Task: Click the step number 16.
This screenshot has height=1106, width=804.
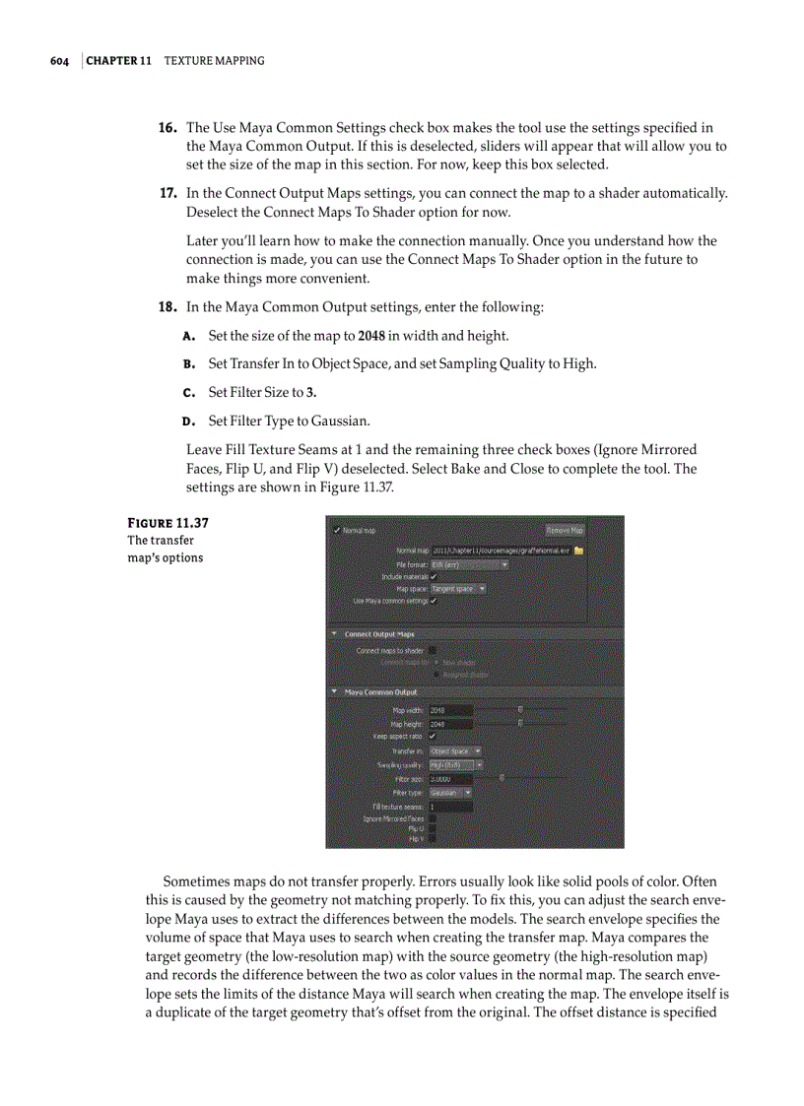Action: (167, 128)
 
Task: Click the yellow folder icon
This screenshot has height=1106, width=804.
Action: (579, 551)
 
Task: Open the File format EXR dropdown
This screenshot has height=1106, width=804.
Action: (469, 564)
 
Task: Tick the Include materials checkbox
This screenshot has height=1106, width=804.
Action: (434, 576)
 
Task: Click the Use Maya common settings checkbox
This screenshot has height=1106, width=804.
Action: (434, 601)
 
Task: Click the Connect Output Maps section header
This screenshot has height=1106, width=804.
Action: (379, 634)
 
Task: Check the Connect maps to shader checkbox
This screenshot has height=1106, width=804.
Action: (433, 651)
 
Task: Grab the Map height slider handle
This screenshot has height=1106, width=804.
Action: (520, 723)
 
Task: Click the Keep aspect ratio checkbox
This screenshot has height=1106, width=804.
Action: (433, 736)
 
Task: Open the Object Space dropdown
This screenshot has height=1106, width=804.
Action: (455, 750)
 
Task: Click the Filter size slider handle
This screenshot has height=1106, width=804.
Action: (502, 778)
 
